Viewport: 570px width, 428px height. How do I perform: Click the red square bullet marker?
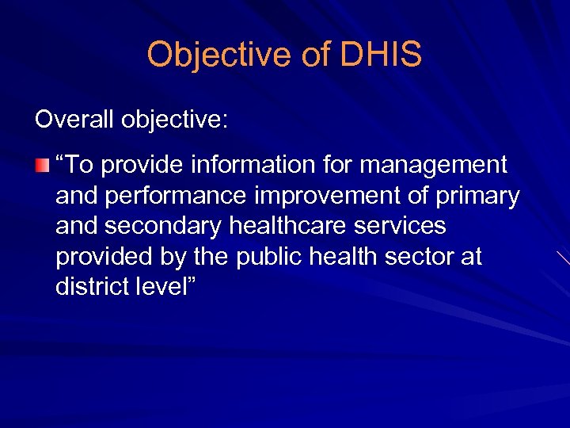pos(41,166)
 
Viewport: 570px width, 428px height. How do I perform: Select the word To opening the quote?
pos(81,165)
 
